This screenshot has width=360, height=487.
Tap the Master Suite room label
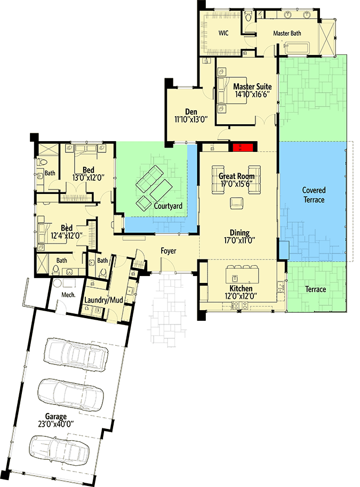pos(252,86)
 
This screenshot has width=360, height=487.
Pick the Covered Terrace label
pos(314,194)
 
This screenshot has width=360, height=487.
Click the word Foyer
pos(169,251)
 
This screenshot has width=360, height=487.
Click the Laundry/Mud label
pos(105,301)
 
